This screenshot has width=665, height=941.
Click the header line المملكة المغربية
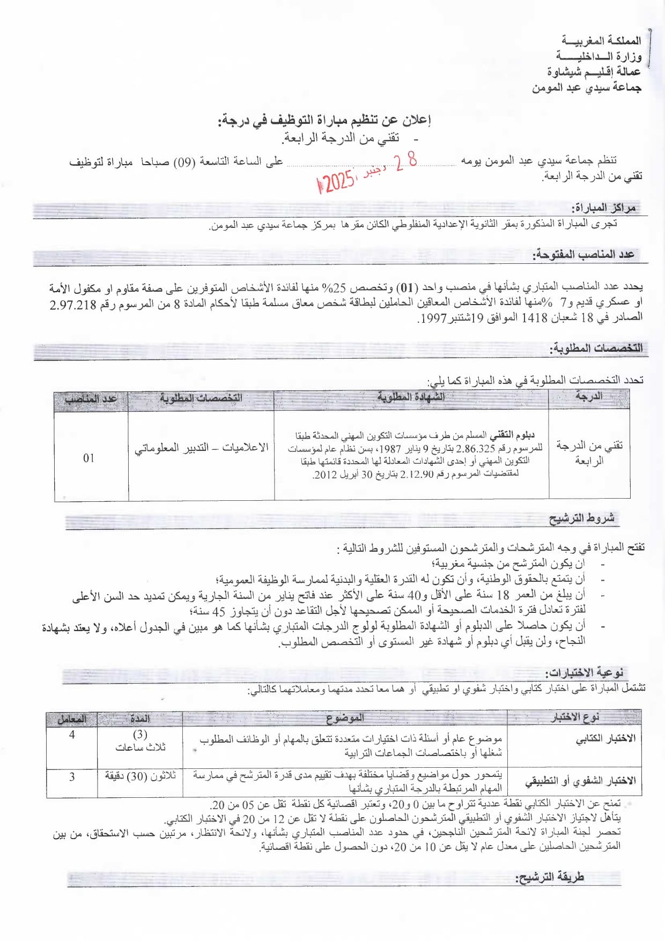click(x=601, y=41)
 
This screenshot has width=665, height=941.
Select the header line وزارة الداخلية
click(x=598, y=56)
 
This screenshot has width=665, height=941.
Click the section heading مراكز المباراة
click(x=603, y=208)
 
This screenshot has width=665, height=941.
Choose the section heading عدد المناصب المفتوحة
click(x=583, y=255)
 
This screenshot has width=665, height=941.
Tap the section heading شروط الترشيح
click(x=581, y=518)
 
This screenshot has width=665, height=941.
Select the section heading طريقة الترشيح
click(x=549, y=877)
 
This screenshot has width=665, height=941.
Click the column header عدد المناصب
click(x=91, y=399)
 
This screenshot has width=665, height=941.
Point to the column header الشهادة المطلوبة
click(x=411, y=397)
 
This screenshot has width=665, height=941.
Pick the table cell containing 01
click(x=88, y=458)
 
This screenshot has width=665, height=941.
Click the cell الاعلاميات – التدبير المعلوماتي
click(x=201, y=448)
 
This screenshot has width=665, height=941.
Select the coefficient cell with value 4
click(x=72, y=735)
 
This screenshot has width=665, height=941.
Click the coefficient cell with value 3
click(x=72, y=777)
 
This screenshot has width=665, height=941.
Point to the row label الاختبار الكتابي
click(x=605, y=739)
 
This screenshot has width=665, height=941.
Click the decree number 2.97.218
click(x=73, y=305)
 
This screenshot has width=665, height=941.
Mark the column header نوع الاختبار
click(x=574, y=717)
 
